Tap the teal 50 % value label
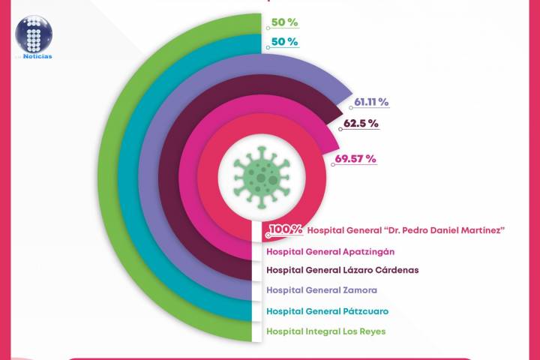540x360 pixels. pyautogui.click(x=283, y=42)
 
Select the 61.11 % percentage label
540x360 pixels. pyautogui.click(x=371, y=102)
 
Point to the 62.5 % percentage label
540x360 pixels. pyautogui.click(x=360, y=122)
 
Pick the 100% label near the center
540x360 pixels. pyautogui.click(x=286, y=229)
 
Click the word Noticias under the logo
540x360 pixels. pyautogui.click(x=37, y=56)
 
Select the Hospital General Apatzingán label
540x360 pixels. pyautogui.click(x=331, y=250)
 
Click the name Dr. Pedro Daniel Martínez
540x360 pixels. pyautogui.click(x=434, y=229)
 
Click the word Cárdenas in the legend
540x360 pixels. pyautogui.click(x=393, y=270)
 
